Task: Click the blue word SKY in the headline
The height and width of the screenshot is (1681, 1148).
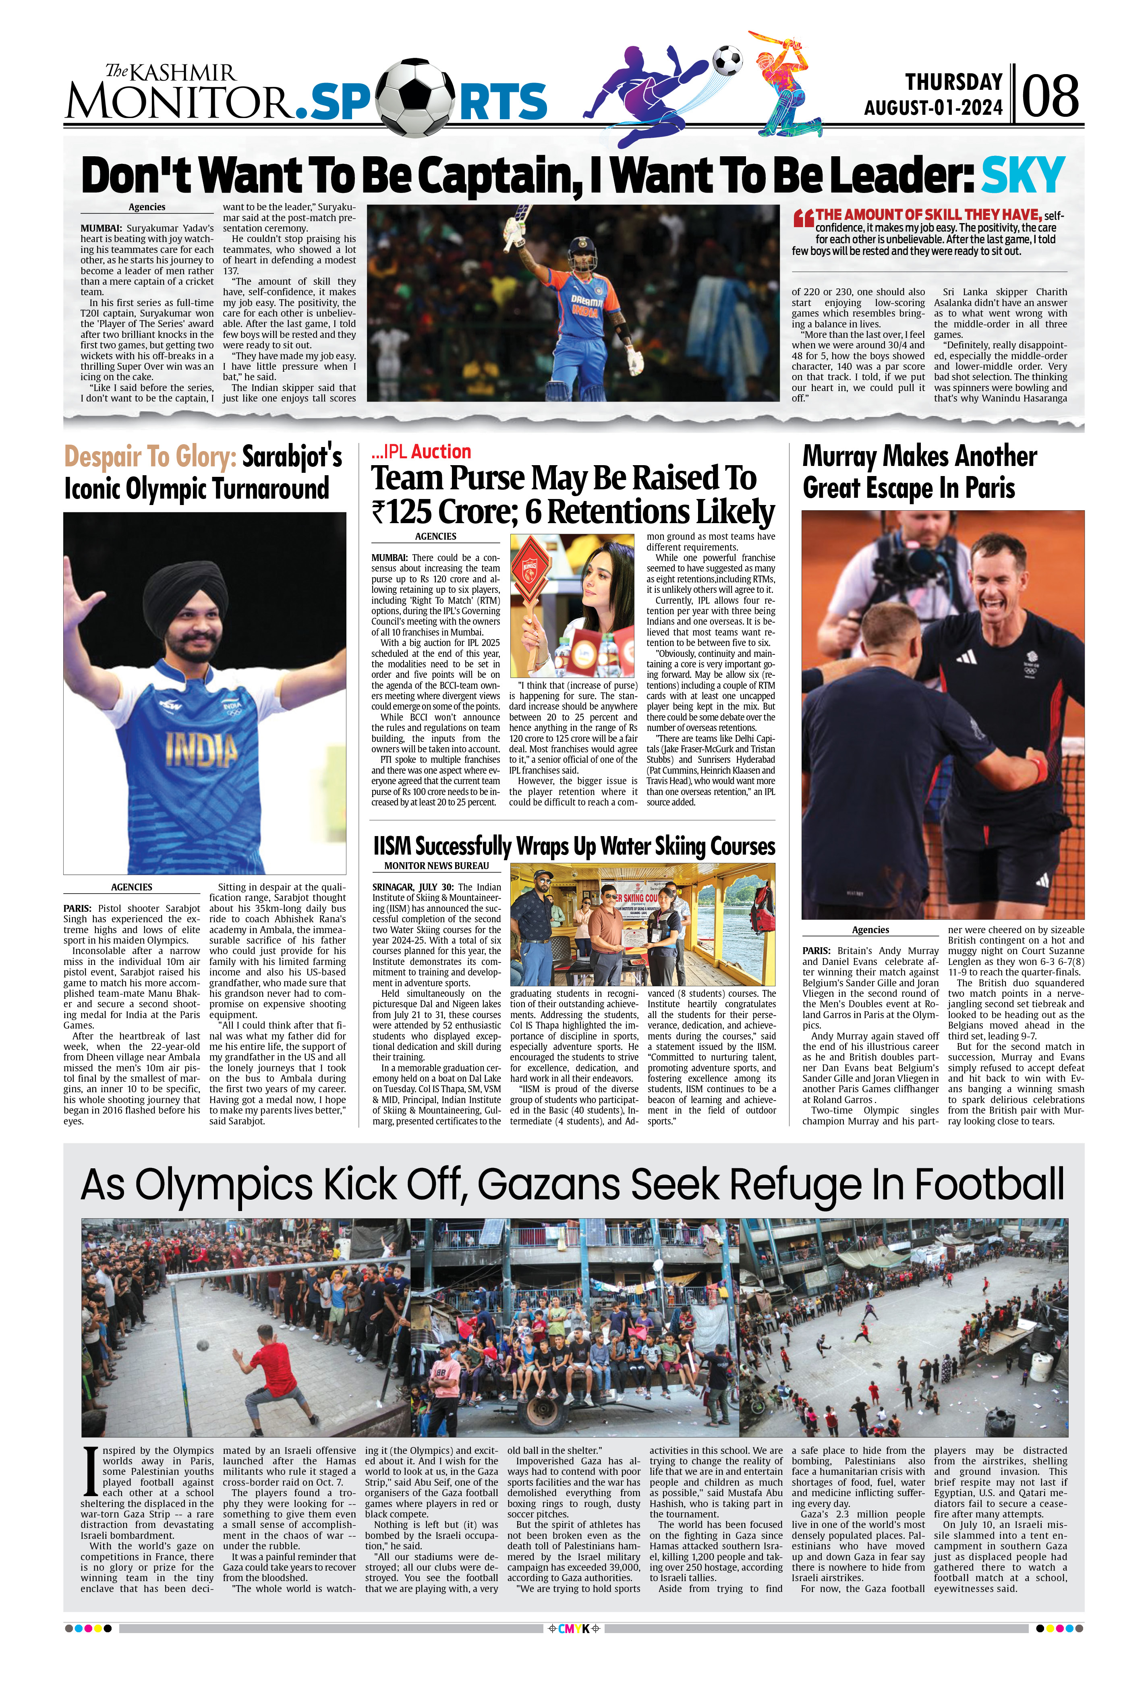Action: coord(1022,175)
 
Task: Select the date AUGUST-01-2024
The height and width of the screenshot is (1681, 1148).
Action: coord(933,108)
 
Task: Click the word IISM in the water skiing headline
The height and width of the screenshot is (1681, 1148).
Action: coord(392,846)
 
